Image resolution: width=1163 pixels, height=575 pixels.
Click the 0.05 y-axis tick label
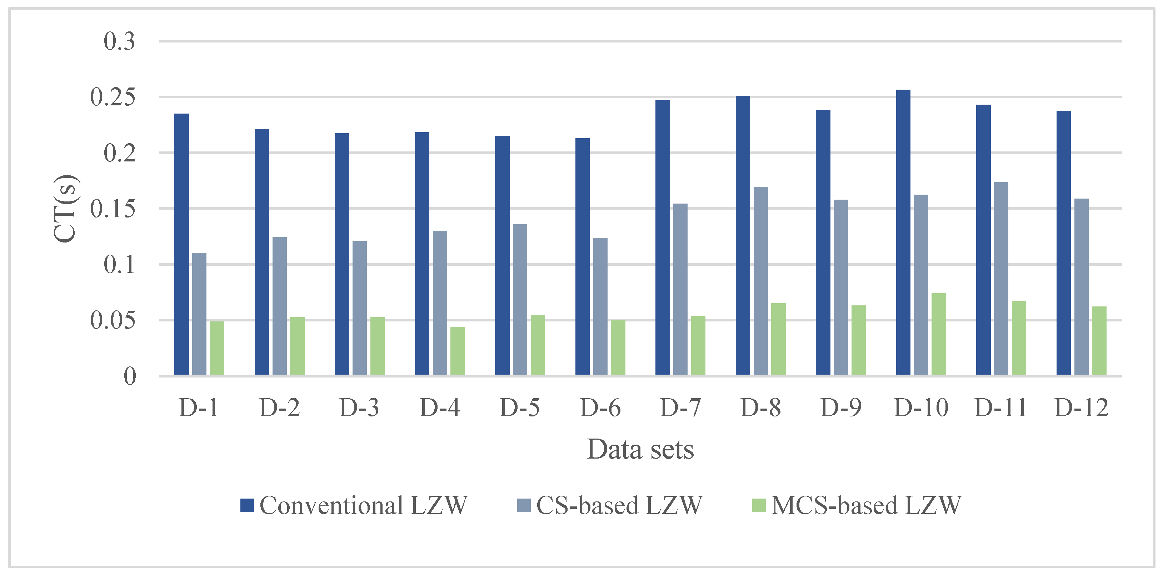pyautogui.click(x=113, y=320)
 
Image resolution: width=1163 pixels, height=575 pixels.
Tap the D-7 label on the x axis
pyautogui.click(x=680, y=407)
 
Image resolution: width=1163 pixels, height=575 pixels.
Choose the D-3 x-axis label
pyautogui.click(x=359, y=407)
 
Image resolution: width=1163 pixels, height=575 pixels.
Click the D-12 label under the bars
pyautogui.click(x=1081, y=407)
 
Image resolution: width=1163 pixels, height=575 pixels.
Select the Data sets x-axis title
pyautogui.click(x=640, y=449)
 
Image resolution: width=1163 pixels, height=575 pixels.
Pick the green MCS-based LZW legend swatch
pyautogui.click(x=758, y=505)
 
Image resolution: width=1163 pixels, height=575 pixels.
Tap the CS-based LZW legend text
pyautogui.click(x=619, y=505)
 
